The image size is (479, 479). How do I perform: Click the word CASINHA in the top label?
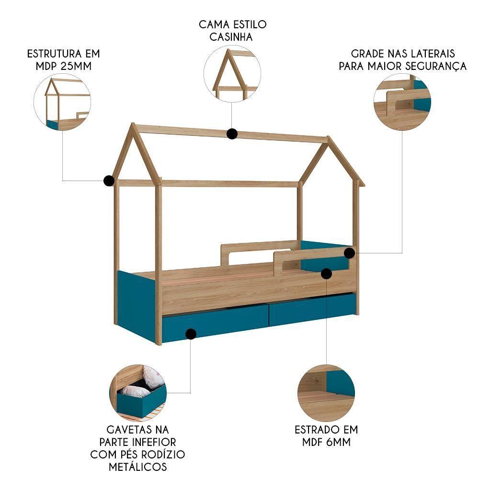(x=233, y=36)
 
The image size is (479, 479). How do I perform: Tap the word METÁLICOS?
(x=138, y=467)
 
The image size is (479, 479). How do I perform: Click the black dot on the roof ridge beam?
(x=232, y=134)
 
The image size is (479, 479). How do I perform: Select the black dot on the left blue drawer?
(x=191, y=333)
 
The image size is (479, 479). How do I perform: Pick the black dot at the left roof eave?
(x=109, y=181)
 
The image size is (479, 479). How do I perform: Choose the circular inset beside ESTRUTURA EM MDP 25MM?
(x=62, y=103)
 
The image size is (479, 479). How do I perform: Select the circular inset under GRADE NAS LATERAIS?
(x=402, y=102)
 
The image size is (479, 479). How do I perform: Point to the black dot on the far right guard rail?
(x=350, y=252)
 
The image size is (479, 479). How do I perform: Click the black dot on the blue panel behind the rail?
(x=327, y=274)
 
